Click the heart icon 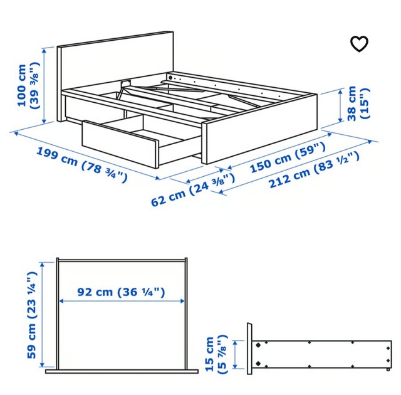359,44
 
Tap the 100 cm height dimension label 28,86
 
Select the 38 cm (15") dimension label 358,103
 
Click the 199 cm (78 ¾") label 82,164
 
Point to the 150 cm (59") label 288,157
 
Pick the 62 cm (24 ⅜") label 193,189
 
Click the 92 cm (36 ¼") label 121,292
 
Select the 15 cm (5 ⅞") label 216,354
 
